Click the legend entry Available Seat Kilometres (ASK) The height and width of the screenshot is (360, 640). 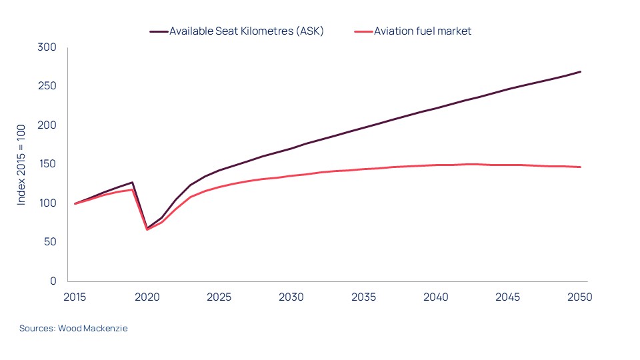coord(246,31)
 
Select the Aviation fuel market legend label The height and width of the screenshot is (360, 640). coord(423,31)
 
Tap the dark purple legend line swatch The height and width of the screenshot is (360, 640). coord(158,31)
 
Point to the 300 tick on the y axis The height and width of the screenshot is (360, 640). coord(47,47)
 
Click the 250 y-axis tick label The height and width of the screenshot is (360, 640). coord(47,87)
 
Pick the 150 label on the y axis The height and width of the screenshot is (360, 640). coord(47,164)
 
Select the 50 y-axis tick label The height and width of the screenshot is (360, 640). coord(50,242)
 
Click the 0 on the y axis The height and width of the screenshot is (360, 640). coord(53,281)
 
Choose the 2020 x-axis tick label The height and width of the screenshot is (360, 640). coord(147,297)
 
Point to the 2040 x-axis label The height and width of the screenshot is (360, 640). coord(435,297)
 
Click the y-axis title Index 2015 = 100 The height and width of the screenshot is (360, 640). coord(22,164)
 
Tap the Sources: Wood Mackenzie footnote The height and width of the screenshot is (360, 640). coord(73,329)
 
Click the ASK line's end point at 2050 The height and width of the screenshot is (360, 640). coord(580,71)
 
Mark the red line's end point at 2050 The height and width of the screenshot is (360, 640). coord(580,167)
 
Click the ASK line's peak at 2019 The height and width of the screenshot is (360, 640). coord(133,182)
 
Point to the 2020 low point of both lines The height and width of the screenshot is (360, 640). coord(147,229)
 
